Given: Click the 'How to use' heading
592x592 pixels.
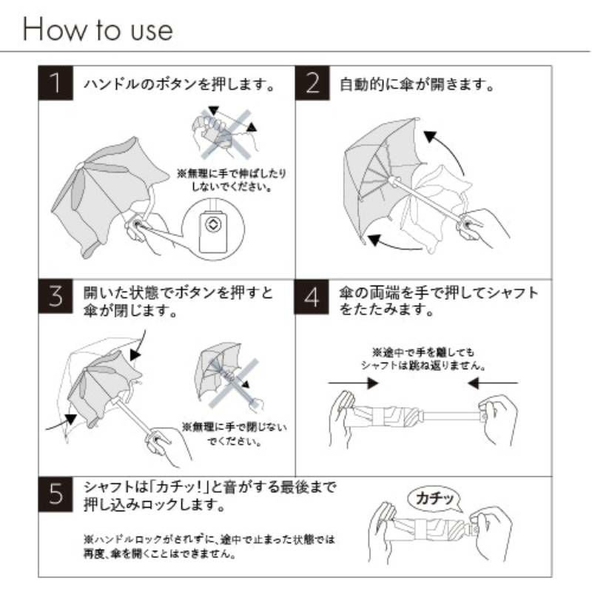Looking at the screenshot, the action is tap(98, 29).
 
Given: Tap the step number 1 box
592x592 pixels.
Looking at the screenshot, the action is tap(55, 83).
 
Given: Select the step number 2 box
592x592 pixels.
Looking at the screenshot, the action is tap(312, 83).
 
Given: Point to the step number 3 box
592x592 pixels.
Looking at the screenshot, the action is tap(55, 297).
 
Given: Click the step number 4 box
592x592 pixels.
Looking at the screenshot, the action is tap(312, 297).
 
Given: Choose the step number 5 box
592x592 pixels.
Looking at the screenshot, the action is tap(55, 494).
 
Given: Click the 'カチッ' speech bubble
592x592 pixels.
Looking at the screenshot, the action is tap(435, 499).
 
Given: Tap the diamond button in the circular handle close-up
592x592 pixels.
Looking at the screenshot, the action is tap(213, 224).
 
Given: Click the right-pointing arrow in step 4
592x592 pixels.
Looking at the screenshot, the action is tap(354, 383).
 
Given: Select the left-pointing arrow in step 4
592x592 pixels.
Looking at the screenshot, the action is tap(493, 383).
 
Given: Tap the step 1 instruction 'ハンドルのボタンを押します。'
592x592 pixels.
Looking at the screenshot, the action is tap(179, 84).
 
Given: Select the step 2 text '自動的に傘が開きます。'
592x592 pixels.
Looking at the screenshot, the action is tap(417, 84).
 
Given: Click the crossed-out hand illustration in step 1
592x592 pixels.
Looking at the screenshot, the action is tap(226, 132).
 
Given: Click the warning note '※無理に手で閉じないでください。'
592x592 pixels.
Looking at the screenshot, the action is tap(234, 434).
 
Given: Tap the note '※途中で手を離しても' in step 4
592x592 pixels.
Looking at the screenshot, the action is tap(423, 353).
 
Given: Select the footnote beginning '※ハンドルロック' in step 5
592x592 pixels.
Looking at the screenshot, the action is tap(209, 546).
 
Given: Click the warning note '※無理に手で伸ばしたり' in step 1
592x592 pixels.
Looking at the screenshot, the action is tap(232, 174).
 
